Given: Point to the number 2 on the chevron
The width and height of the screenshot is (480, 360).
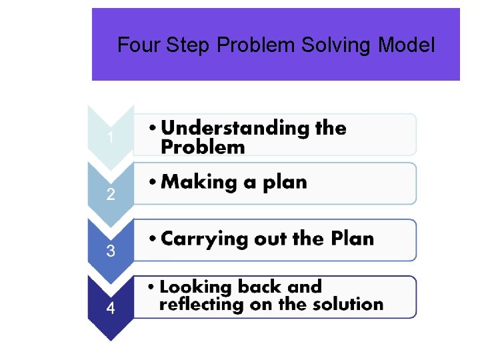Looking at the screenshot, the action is (111, 195).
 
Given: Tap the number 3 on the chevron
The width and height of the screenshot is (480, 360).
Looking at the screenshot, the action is (111, 251).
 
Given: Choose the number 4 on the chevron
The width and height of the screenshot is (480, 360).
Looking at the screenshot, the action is (111, 309).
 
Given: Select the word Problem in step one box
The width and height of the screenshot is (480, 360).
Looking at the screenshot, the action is (203, 147).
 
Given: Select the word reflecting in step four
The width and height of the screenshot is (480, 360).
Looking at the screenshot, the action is (201, 305).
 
